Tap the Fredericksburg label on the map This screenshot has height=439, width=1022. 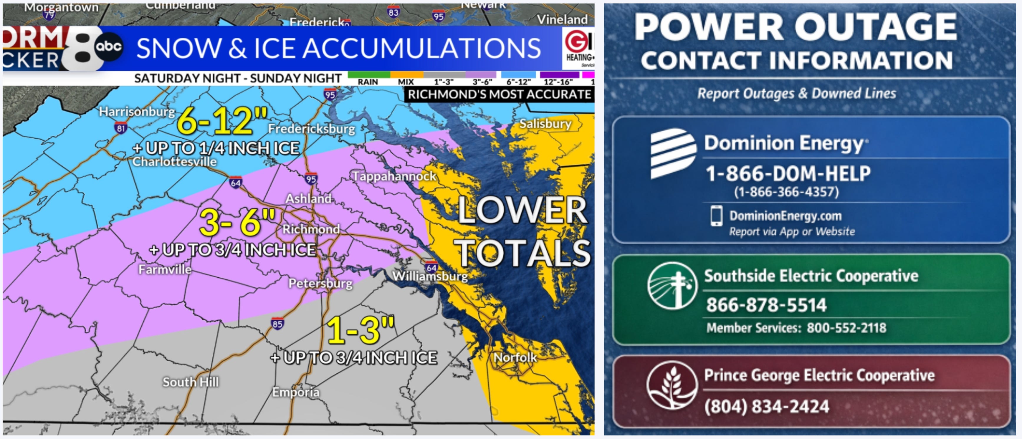tap(311, 129)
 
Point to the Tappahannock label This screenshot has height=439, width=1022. tap(394, 176)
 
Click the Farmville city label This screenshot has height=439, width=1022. tap(165, 270)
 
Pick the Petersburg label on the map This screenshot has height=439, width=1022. tap(320, 284)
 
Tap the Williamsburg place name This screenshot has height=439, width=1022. tap(430, 276)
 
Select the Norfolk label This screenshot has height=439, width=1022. tap(515, 358)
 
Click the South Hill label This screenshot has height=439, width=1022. tap(191, 382)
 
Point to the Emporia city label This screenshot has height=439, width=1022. tap(296, 392)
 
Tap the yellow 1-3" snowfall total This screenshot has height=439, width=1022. tap(360, 330)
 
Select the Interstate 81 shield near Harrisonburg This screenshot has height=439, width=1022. tap(121, 128)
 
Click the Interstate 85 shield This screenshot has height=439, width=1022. tap(277, 324)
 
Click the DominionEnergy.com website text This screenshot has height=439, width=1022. tap(785, 216)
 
